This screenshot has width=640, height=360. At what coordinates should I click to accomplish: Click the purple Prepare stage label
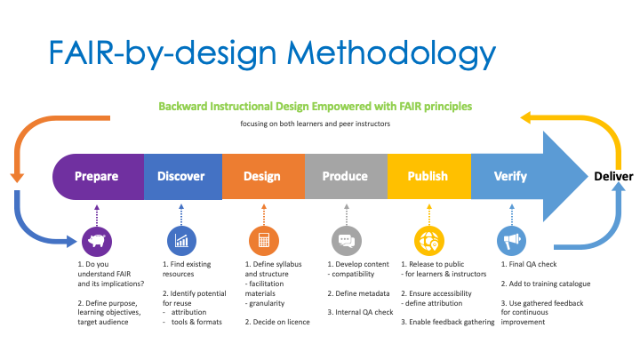[x=97, y=176]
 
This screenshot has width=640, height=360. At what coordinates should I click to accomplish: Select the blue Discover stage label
[x=180, y=176]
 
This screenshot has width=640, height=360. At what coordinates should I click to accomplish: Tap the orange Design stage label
[x=261, y=176]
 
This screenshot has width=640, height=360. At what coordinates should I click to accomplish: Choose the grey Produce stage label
[x=344, y=176]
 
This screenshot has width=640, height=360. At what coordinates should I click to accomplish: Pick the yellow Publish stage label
[x=428, y=176]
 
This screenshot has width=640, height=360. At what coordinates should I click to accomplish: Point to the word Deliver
[x=613, y=176]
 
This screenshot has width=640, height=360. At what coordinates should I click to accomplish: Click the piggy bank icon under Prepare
[x=96, y=240]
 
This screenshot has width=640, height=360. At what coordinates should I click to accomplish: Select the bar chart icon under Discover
[x=180, y=240]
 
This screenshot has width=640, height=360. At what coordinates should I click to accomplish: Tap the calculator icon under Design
[x=263, y=240]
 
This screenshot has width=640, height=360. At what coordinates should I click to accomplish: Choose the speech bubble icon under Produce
[x=346, y=240]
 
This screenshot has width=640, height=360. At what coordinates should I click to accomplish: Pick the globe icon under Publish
[x=428, y=240]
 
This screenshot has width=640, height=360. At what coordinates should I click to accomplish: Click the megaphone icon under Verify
[x=512, y=240]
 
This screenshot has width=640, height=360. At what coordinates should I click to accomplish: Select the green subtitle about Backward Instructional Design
[x=315, y=106]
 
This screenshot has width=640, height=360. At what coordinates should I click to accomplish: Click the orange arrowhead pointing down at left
[x=15, y=176]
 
